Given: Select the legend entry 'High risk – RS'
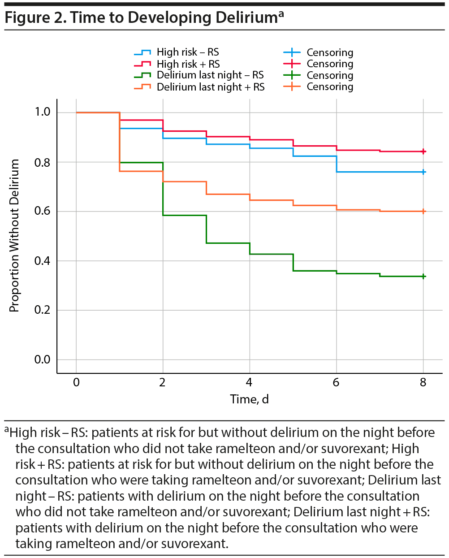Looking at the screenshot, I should tap(187, 52).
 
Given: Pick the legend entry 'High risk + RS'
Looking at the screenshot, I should tap(188, 64).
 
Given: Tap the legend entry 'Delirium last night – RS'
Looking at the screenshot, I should tap(210, 75).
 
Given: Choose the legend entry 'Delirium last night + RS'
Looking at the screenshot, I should tap(210, 87).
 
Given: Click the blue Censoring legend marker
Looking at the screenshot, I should tap(292, 52).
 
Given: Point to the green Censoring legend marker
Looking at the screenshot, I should tap(292, 75).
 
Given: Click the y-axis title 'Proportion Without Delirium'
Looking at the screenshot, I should tap(14, 236).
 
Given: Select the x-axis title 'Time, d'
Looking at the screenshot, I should tap(249, 399).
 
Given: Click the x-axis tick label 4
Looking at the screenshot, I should tap(249, 382).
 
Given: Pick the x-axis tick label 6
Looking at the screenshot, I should tap(336, 382).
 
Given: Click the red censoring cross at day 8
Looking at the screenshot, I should tap(423, 151).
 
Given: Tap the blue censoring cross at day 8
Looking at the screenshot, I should tap(423, 172).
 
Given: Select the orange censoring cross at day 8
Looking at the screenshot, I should tap(423, 211).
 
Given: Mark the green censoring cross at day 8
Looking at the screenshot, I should tap(423, 277).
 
